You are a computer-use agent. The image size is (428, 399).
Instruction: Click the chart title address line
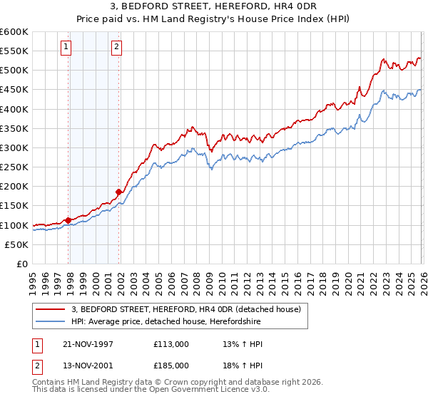pos(214,6)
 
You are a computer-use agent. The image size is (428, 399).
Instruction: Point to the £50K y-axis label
pos(17,244)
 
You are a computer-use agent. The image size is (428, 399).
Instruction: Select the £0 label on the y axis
pos(23,264)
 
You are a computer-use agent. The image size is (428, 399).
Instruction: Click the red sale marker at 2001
pos(118,192)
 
